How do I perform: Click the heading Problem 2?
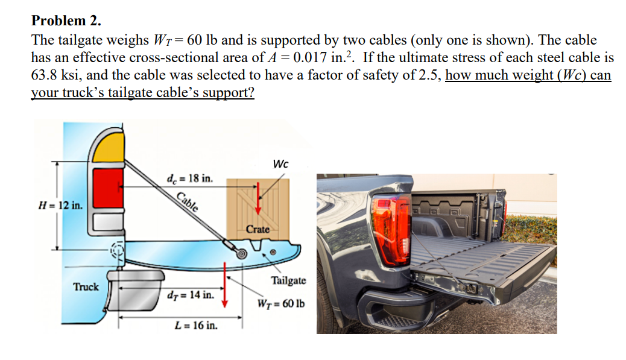coord(66,21)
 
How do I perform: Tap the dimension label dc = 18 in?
coord(190,178)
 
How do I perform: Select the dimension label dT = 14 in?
coord(190,295)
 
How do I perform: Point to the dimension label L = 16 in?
coord(196,326)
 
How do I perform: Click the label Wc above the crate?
coord(280,164)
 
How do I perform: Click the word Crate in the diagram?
coord(258,229)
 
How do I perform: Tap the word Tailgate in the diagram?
coord(288,280)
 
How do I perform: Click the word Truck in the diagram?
coord(86,286)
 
